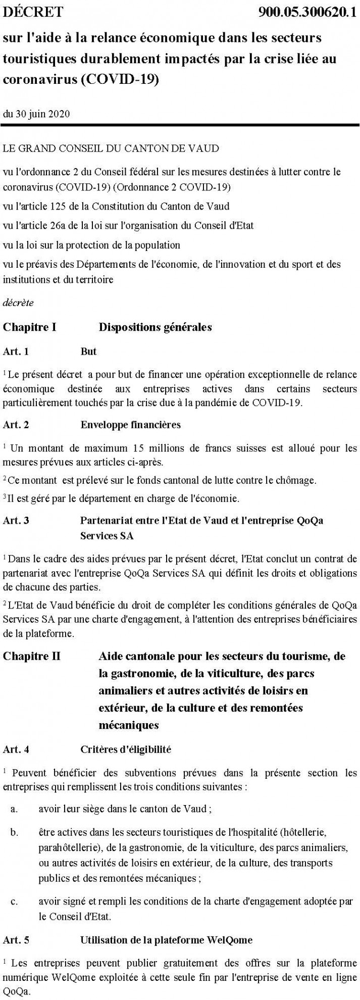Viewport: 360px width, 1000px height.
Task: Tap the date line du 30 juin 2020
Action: coord(36,113)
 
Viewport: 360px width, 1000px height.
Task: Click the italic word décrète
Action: coord(19,304)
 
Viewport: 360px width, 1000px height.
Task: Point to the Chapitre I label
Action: coord(30,327)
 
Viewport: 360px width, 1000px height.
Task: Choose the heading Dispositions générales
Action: coord(155,327)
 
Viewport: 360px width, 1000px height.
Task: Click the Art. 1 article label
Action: coord(16,352)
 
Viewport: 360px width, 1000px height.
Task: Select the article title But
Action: coord(88,352)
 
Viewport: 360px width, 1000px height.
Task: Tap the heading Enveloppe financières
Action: coord(130,424)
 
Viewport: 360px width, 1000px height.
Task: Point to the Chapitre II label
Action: coord(32,656)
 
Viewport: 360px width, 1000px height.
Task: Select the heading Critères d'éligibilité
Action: coord(126,749)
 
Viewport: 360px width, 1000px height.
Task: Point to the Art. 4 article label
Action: coord(16,749)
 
